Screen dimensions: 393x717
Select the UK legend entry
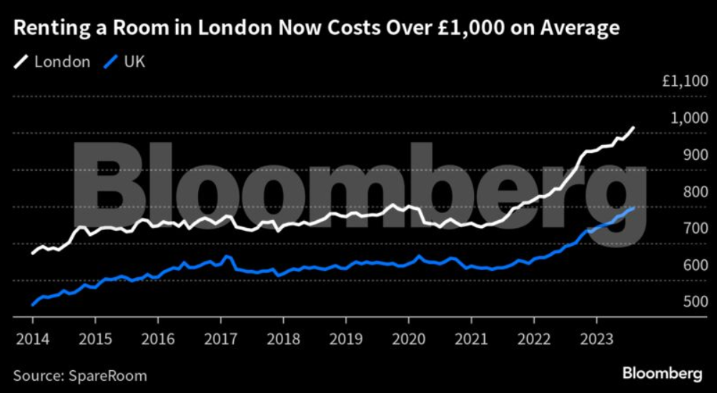pyautogui.click(x=133, y=62)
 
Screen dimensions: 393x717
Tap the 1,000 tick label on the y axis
pyautogui.click(x=688, y=119)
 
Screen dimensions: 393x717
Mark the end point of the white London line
pyautogui.click(x=633, y=128)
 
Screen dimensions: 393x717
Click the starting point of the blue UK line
pyautogui.click(x=33, y=305)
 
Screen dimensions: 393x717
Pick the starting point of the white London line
pyautogui.click(x=33, y=253)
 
